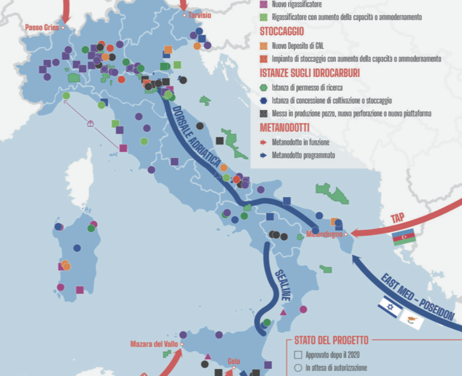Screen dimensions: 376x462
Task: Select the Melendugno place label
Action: [x=324, y=234]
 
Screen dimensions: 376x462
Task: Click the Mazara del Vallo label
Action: [x=154, y=344]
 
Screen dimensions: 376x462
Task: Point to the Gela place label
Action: [x=234, y=362]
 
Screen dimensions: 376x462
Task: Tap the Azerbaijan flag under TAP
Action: [x=404, y=238]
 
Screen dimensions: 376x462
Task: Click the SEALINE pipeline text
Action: [x=282, y=284]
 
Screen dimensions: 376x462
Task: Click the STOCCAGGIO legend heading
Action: [x=282, y=32]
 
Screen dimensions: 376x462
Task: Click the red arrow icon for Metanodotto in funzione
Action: [x=263, y=142]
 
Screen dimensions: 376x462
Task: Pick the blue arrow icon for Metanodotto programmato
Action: [x=263, y=155]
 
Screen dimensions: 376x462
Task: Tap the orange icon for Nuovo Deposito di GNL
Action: [x=263, y=46]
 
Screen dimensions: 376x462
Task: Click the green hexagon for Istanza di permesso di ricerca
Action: [x=263, y=87]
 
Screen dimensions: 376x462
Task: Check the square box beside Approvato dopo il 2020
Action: [x=298, y=355]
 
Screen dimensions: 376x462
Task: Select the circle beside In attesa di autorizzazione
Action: [x=298, y=368]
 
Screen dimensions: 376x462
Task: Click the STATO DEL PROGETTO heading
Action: [x=331, y=341]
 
